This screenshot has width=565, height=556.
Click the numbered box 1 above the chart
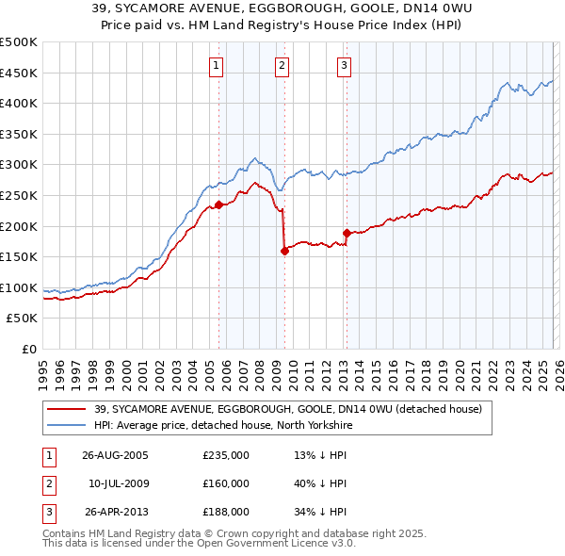tap(218, 65)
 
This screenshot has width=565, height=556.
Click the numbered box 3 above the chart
tap(345, 65)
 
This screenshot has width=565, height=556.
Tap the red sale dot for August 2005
tap(218, 204)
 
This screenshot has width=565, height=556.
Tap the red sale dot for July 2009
tap(284, 251)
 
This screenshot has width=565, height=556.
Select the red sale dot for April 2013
tap(347, 233)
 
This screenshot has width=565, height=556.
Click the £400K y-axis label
tap(19, 103)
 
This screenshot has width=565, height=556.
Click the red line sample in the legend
tap(66, 409)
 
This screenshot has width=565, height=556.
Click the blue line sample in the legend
tap(66, 425)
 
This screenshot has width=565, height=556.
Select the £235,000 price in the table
tap(226, 455)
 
